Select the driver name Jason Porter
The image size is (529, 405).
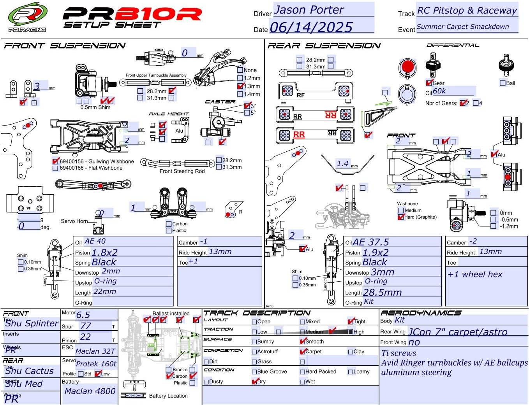coord(309,10)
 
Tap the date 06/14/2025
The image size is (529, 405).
coord(311,27)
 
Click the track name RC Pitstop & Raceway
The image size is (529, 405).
coord(467,11)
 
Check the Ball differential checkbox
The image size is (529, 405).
coord(503,83)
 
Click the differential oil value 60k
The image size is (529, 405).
coord(439,91)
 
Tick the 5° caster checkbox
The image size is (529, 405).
coord(247,113)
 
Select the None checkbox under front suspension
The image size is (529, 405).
coord(240,70)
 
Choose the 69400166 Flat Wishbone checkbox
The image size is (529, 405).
coord(55,168)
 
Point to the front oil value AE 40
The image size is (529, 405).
coord(95,241)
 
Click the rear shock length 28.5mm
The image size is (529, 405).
coord(382,293)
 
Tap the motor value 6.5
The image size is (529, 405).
coord(83,315)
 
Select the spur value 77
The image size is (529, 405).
coord(86,326)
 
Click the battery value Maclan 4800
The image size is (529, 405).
coord(90,391)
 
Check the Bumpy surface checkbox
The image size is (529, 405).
coord(254,342)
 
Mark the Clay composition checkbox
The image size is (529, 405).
coord(351,352)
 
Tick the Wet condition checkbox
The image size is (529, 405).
coord(303,382)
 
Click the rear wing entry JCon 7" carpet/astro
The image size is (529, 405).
coord(458,332)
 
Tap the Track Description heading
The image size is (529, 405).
coord(257,313)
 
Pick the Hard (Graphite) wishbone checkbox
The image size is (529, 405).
coord(401,217)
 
